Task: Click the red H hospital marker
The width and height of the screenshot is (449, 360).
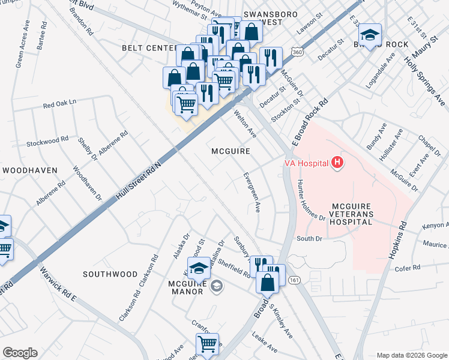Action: (x=338, y=163)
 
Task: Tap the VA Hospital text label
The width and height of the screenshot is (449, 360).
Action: (x=306, y=163)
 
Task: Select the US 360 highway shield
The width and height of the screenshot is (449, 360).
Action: (x=297, y=53)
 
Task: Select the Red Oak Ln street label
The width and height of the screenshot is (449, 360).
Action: (x=59, y=103)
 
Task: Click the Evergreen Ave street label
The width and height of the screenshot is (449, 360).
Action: (x=251, y=193)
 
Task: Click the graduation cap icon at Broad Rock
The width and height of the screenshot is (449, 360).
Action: (x=370, y=36)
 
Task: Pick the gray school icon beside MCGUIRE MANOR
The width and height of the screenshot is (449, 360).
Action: (x=215, y=287)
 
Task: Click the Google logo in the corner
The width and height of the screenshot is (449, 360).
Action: (x=20, y=353)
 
